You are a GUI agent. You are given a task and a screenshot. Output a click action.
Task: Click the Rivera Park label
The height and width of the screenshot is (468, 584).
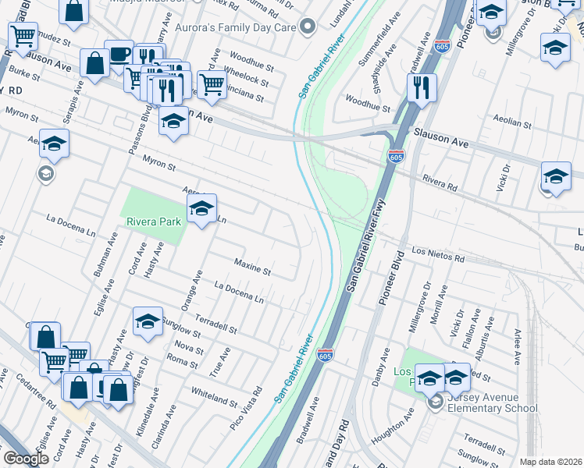pyautogui.click(x=155, y=222)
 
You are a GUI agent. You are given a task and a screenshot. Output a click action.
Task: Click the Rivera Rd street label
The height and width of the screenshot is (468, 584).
pyautogui.click(x=439, y=183)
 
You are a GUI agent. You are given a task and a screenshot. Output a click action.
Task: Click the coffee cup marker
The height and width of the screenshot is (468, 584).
pyautogui.click(x=119, y=55)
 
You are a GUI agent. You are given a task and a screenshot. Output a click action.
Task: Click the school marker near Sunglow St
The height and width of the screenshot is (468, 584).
pyautogui.click(x=147, y=321)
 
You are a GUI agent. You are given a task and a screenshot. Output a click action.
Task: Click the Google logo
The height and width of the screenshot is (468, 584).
pyautogui.click(x=27, y=459)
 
